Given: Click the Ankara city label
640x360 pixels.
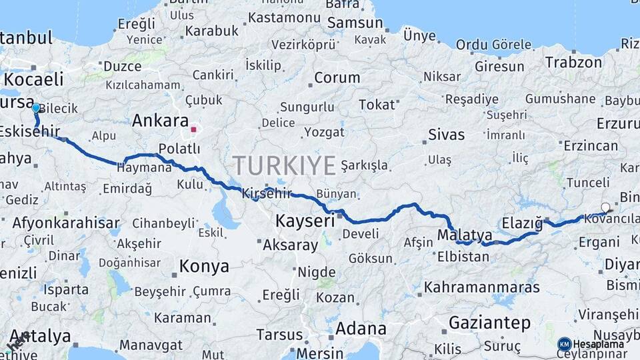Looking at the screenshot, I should coord(160,121).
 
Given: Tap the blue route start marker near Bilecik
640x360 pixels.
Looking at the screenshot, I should coord(36,107).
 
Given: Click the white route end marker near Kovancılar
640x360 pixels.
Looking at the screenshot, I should coord(605,207).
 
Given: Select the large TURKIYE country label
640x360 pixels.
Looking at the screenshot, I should coord(284,165).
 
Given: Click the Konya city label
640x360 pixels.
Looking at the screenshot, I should coord(203,267).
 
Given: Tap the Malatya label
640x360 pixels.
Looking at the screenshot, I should coord(465,235).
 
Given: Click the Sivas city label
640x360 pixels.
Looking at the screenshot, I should coord(446,135).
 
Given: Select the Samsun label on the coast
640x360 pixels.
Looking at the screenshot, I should coord(356,22).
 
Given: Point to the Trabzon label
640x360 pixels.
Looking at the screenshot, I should coord(573,63).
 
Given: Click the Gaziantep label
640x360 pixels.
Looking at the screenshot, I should coord(489,323).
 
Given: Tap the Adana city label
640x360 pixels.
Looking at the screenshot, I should coord(360,328).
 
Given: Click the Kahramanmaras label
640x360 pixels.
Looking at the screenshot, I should coord(481,287).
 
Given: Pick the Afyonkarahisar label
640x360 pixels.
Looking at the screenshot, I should coord(65,223).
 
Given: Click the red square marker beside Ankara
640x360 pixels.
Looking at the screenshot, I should coord(194,129).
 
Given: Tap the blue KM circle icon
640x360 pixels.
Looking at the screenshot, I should coord(564,344).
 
